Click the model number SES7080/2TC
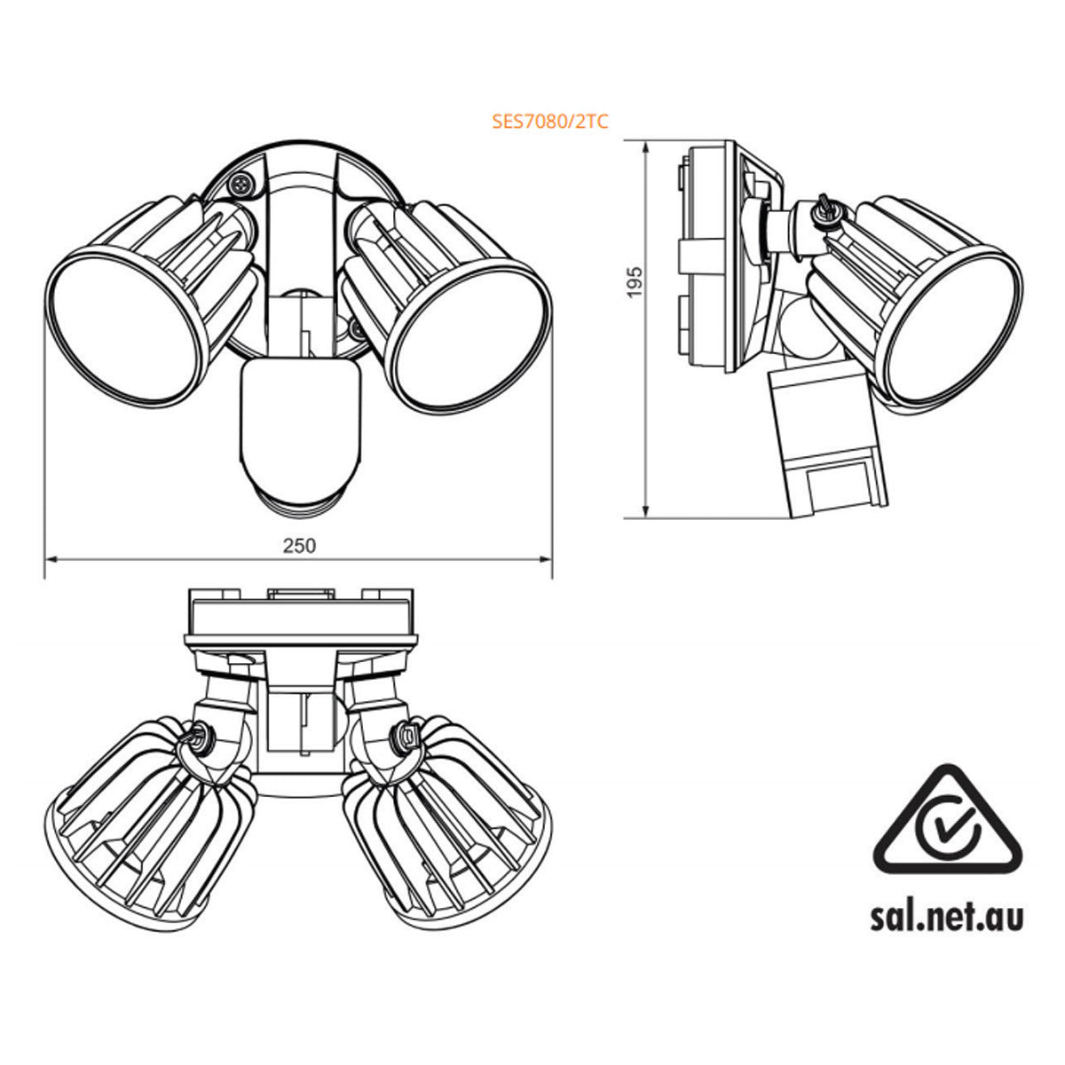point(550,122)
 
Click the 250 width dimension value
point(299,545)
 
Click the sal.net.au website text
point(947,917)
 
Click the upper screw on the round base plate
point(240,185)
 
